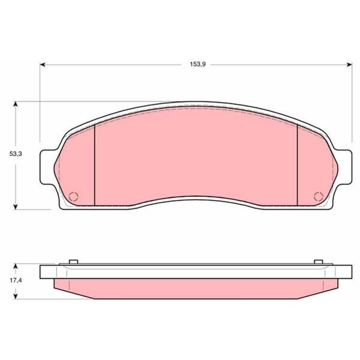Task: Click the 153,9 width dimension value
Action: [197, 65]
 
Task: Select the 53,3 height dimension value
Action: [16, 154]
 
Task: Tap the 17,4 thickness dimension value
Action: [16, 280]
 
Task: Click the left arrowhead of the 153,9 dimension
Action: [43, 65]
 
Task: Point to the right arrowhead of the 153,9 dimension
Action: [349, 65]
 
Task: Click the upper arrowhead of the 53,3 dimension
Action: [16, 104]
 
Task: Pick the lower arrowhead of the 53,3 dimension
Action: [16, 206]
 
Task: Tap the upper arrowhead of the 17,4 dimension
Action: [16, 266]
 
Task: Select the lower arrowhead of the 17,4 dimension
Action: [16, 296]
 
